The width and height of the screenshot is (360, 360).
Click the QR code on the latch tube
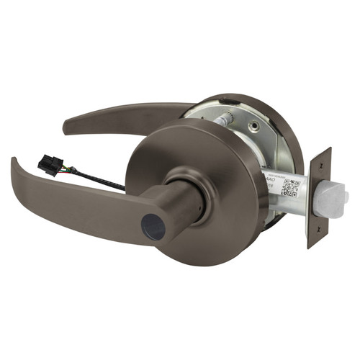point(290,187)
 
